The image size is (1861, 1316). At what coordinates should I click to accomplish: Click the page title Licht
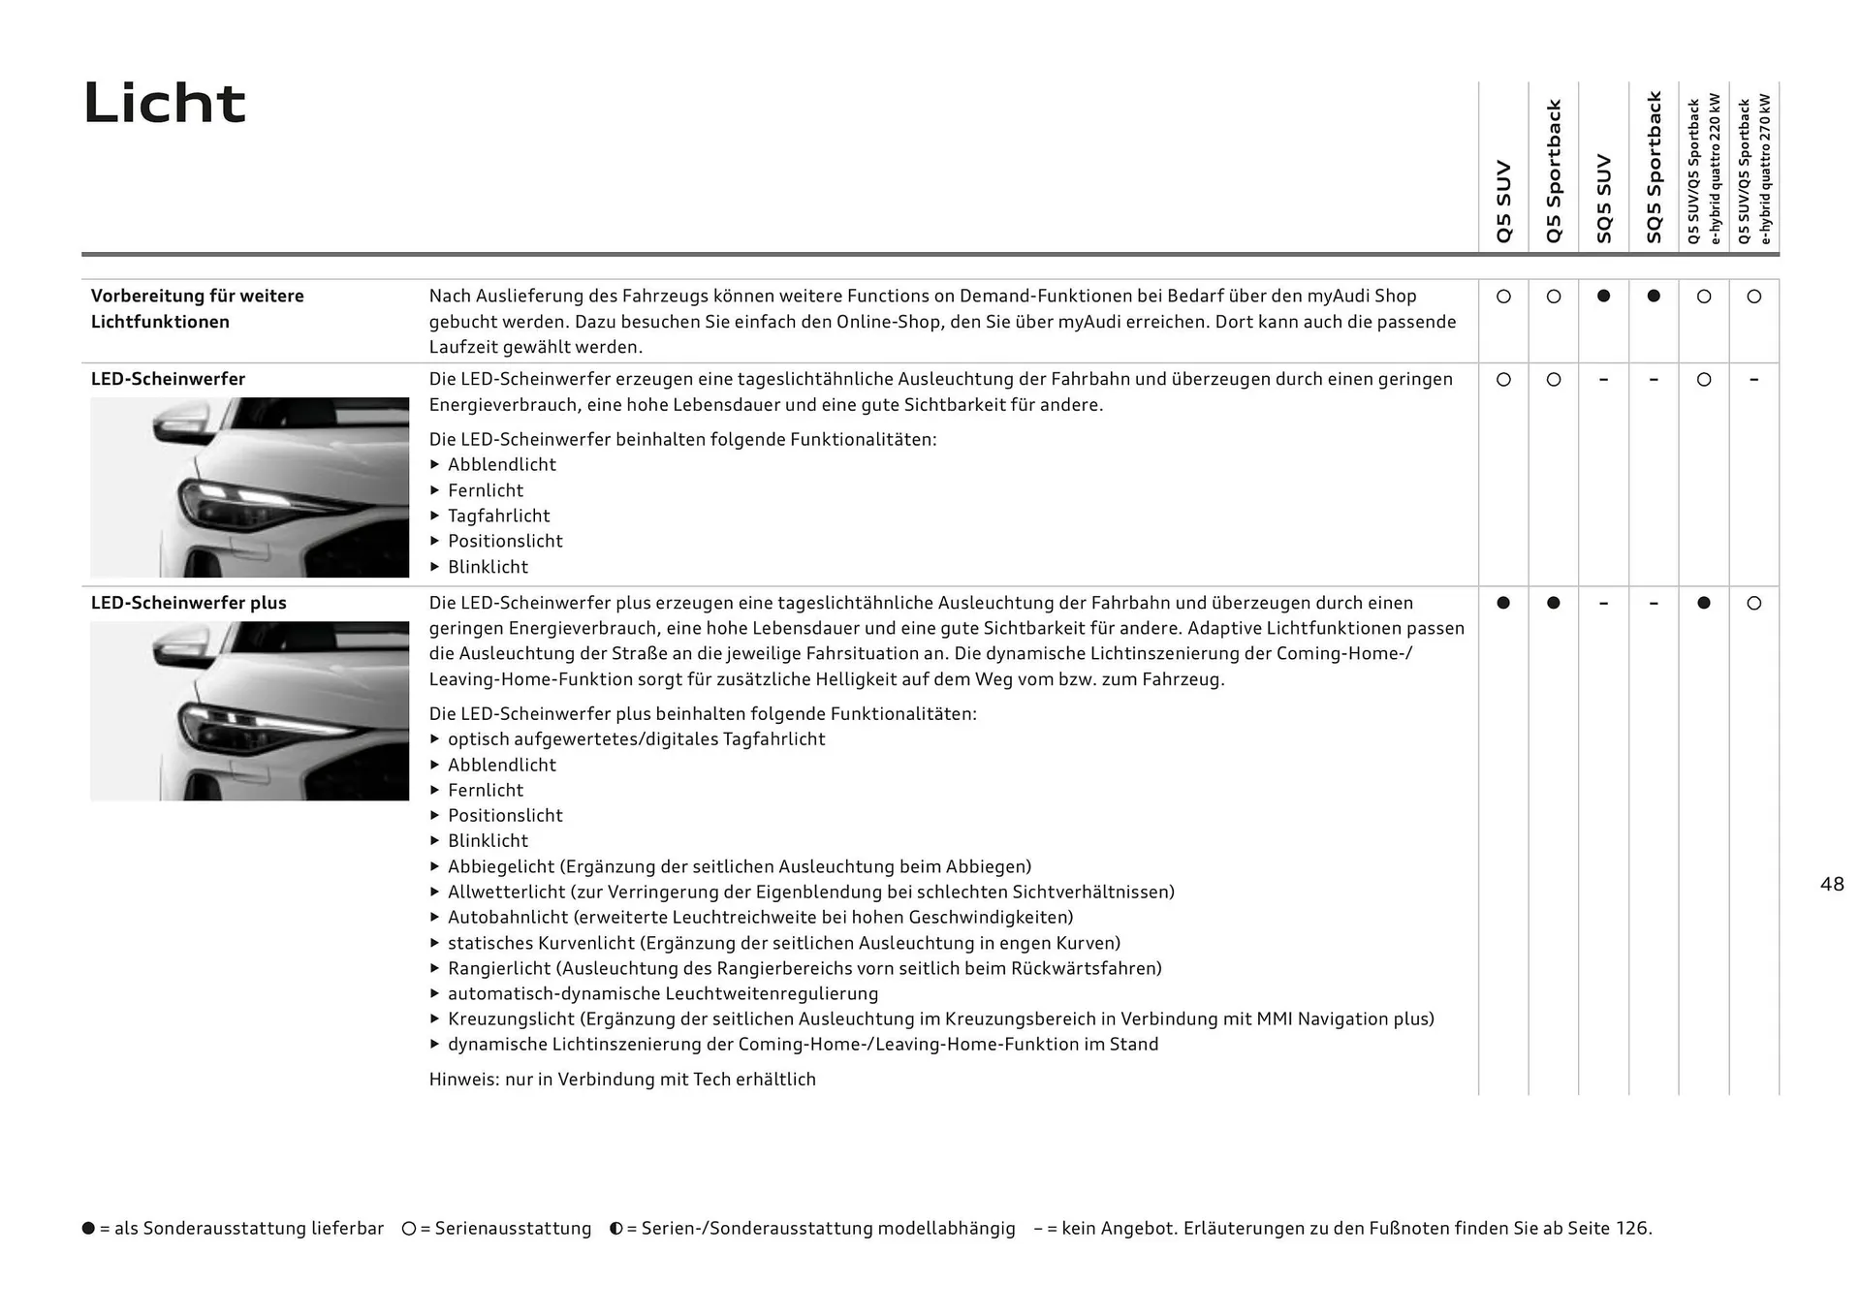point(165,103)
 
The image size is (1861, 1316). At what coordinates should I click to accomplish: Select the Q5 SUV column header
point(1503,202)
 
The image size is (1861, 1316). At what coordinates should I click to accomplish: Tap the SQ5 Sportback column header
point(1654,167)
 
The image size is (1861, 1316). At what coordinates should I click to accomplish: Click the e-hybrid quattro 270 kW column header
point(1755,169)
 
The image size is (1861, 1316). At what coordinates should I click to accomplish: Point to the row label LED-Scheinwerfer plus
point(189,603)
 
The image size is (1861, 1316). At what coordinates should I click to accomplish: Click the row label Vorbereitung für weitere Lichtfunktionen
point(197,308)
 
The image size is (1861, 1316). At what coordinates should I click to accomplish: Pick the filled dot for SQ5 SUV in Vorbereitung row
point(1603,297)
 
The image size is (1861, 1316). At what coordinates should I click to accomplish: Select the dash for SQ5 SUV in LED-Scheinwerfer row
point(1603,380)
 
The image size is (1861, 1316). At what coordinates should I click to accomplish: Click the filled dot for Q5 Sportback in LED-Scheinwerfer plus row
point(1554,603)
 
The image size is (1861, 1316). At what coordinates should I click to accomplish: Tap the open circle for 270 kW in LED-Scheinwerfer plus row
point(1753,603)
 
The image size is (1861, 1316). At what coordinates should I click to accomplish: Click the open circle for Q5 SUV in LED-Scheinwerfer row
point(1503,380)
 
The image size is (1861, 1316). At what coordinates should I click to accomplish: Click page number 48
point(1832,884)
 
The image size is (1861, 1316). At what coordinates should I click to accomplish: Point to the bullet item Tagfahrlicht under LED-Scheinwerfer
point(498,517)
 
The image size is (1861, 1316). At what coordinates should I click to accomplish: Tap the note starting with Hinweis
point(622,1080)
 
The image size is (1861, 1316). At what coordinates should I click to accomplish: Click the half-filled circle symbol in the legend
point(615,1229)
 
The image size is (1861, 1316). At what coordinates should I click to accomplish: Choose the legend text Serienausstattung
point(513,1229)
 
